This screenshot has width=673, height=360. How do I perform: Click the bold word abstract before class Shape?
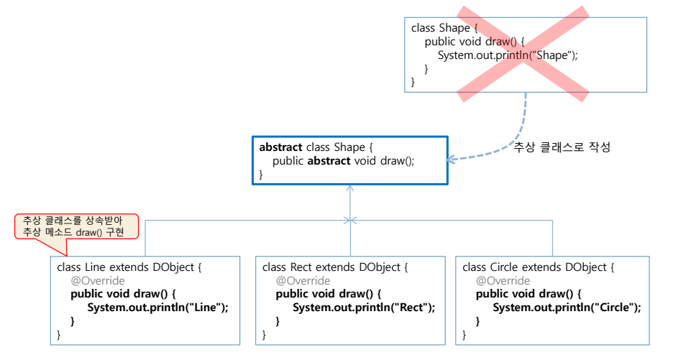(x=281, y=147)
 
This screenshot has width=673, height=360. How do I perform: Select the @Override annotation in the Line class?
(x=97, y=280)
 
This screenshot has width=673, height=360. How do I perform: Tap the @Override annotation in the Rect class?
(x=303, y=280)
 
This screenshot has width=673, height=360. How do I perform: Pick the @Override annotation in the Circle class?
(x=503, y=280)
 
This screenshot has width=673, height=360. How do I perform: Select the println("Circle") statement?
(x=566, y=308)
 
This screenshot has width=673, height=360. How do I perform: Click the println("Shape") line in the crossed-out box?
(x=507, y=55)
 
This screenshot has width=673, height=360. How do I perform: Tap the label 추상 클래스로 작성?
(x=562, y=147)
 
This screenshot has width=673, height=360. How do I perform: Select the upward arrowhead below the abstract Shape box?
(x=350, y=189)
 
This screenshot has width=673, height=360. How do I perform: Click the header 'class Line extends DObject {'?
(x=129, y=267)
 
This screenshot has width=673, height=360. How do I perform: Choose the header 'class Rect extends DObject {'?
(x=335, y=267)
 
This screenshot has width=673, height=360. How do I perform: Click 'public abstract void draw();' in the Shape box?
(x=343, y=161)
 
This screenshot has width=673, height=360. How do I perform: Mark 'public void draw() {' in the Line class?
(x=122, y=294)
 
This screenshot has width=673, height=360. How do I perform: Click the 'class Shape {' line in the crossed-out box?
(x=443, y=28)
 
